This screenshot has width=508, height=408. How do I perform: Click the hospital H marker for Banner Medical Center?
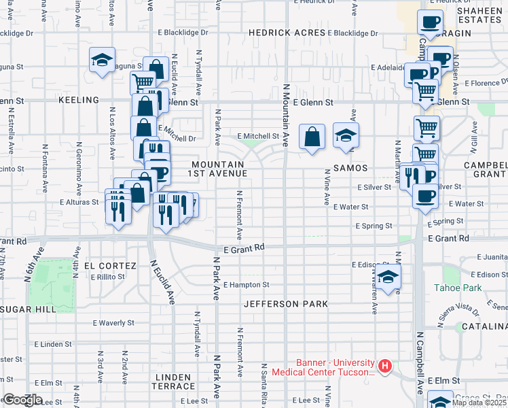(x=385, y=367)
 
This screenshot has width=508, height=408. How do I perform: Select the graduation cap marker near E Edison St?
(x=388, y=277)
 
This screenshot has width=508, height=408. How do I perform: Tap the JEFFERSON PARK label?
(x=286, y=303)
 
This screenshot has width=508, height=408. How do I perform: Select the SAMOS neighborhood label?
(x=350, y=167)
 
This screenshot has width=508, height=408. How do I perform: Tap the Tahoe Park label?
(x=458, y=288)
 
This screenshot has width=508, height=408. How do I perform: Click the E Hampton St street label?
(x=246, y=285)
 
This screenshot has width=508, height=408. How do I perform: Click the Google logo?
(x=22, y=400)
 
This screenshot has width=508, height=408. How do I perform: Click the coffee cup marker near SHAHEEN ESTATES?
(x=429, y=23)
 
